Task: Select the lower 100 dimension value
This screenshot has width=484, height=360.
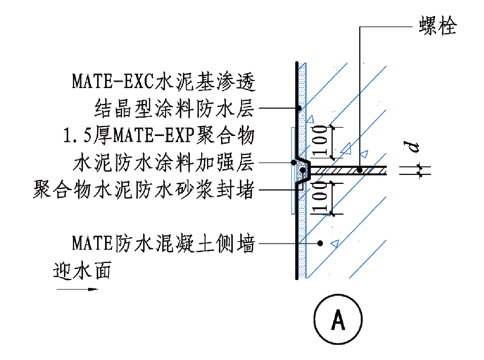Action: pos(320,198)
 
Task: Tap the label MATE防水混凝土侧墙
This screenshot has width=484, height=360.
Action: pos(163,244)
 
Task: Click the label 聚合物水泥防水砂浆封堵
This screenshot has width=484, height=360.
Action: pos(144,191)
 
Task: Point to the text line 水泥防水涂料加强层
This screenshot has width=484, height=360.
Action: pos(163,163)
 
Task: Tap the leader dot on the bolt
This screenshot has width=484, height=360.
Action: pos(360,170)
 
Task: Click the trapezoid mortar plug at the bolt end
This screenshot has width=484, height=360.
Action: pos(303,170)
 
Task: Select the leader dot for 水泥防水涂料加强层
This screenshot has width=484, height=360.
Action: pos(294,162)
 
